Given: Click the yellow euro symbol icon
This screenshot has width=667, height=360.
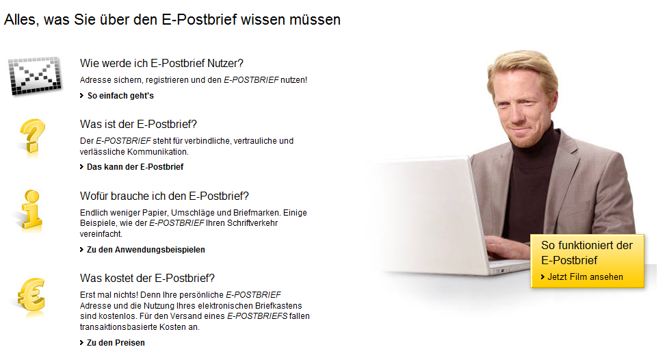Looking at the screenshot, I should click(31, 295).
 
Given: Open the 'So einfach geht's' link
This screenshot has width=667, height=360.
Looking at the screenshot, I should click(120, 96).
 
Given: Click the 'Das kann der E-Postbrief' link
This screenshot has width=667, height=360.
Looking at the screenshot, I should click(135, 167).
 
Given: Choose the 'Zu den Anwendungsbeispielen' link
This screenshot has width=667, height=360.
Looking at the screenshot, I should click(146, 250).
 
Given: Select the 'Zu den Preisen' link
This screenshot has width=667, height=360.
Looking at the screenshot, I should click(116, 343).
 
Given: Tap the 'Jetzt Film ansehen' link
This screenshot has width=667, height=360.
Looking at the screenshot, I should click(585, 277).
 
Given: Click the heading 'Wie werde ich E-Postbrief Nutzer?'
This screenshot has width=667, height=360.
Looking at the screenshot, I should click(161, 64).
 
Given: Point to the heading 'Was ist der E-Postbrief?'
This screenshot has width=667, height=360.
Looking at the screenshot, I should click(138, 124).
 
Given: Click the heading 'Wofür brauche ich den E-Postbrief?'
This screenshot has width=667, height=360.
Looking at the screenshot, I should click(164, 196).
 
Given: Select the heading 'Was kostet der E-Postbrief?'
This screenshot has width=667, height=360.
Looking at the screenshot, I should click(147, 278).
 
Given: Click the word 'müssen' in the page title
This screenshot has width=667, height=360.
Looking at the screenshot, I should click(316, 20).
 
